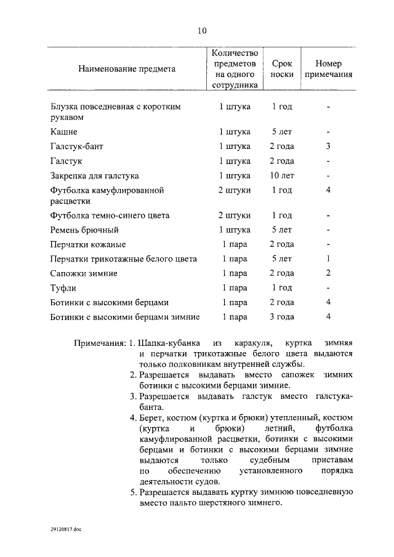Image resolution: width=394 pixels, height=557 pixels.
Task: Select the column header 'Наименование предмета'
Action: (127, 69)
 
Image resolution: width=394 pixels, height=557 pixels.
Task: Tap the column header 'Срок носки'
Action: (281, 69)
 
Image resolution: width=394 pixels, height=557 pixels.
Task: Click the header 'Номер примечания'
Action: (328, 69)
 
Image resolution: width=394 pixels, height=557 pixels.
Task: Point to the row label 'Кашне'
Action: (64, 132)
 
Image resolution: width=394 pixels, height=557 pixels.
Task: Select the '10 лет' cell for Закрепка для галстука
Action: (281, 175)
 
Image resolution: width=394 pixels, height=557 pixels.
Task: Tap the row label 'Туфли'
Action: (63, 287)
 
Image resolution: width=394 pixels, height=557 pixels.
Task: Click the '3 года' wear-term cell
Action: (281, 316)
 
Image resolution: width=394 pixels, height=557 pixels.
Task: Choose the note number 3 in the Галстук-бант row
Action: (329, 146)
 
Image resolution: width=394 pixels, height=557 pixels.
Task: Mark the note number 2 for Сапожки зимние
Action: (329, 273)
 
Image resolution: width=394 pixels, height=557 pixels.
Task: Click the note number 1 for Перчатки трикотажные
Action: (329, 258)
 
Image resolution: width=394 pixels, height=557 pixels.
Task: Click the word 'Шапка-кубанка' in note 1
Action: (167, 342)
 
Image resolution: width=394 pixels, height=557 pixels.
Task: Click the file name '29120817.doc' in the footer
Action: (66, 528)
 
